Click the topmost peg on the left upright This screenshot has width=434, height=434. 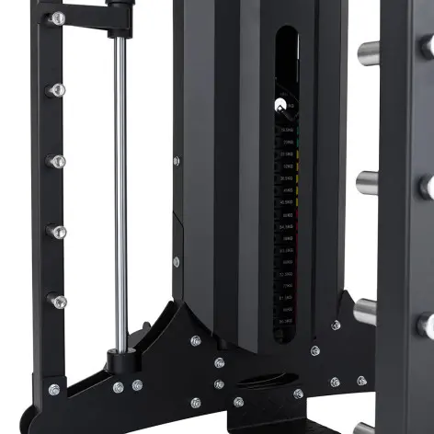click(x=58, y=18)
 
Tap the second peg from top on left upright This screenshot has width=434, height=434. click(x=57, y=89)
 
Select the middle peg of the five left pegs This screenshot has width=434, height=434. click(x=57, y=161)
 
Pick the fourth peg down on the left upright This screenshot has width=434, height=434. click(x=57, y=231)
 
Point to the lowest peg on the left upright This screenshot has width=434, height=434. click(x=57, y=301)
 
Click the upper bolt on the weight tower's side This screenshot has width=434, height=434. click(x=177, y=161)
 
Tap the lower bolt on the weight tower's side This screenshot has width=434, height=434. click(x=177, y=261)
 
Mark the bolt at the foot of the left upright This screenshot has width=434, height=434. click(x=54, y=389)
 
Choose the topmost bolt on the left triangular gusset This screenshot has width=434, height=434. click(x=195, y=340)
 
